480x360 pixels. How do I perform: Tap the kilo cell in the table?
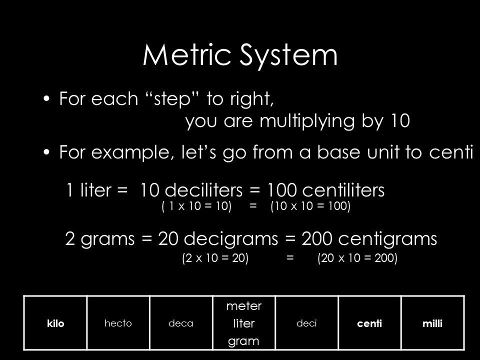[56, 323]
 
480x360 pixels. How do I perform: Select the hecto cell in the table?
[118, 323]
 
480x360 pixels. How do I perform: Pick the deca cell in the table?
[181, 323]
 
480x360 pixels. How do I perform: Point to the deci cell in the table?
[306, 323]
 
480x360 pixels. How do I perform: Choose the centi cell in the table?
[369, 323]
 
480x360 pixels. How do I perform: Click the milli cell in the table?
[432, 323]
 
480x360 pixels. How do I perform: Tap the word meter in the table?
[244, 305]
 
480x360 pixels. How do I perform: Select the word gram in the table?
[244, 342]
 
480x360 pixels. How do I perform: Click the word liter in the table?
[244, 323]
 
